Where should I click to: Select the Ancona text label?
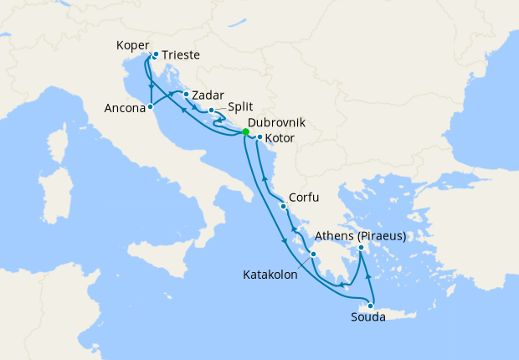[124, 108]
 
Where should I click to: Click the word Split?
[241, 108]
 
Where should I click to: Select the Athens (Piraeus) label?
[361, 236]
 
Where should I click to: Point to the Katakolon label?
[270, 274]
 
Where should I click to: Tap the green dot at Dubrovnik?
[245, 131]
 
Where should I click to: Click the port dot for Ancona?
[151, 107]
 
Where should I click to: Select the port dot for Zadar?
[186, 95]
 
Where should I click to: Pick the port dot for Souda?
[371, 306]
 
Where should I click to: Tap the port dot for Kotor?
[259, 137]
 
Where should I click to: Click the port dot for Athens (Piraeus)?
[361, 247]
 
